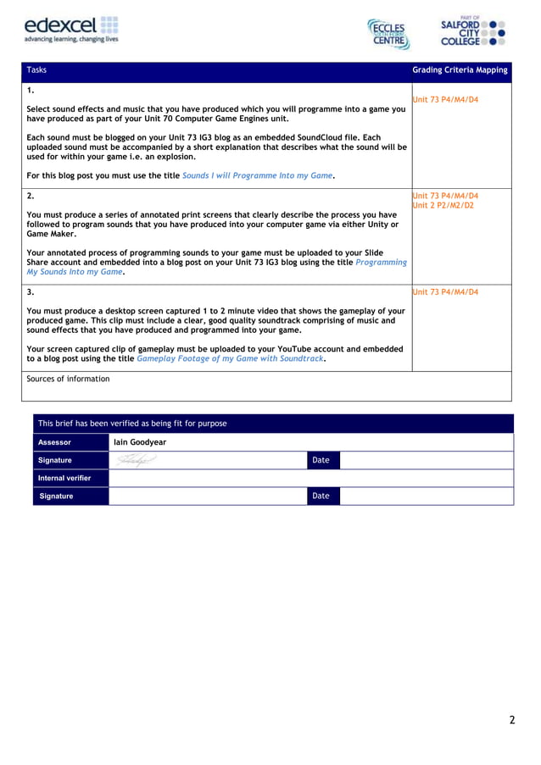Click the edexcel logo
[71, 30]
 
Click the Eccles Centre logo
[388, 34]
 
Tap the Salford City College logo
[473, 32]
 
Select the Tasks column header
[36, 70]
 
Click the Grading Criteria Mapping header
[460, 70]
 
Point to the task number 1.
[31, 90]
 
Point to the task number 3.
[31, 292]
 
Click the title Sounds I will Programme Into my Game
[257, 176]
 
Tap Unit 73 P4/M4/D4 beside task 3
[444, 292]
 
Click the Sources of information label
[68, 379]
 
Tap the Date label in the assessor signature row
[321, 460]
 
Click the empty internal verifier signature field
[207, 496]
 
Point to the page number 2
[511, 721]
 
